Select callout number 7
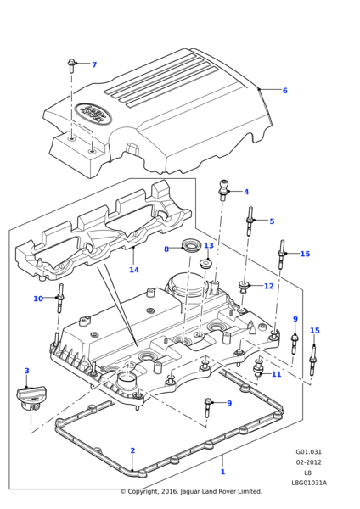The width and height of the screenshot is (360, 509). (x=94, y=64)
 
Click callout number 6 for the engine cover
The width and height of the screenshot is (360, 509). (x=285, y=91)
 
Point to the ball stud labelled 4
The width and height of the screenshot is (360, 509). (x=223, y=190)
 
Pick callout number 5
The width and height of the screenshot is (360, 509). (x=272, y=221)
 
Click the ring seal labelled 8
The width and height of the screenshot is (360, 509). (x=189, y=248)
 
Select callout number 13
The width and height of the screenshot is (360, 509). (x=209, y=245)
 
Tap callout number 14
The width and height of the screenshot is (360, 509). (x=134, y=270)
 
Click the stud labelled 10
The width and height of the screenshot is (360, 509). (x=59, y=298)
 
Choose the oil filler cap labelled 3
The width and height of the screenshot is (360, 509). (x=31, y=399)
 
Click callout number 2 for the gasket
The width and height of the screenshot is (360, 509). (x=132, y=450)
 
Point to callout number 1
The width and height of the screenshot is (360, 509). (x=223, y=472)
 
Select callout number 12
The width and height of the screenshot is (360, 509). (x=269, y=286)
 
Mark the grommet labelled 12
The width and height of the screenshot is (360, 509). (x=243, y=286)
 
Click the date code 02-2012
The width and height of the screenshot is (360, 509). (x=308, y=462)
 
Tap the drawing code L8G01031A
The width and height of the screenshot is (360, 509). (x=309, y=483)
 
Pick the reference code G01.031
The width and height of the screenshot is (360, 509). (x=309, y=452)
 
